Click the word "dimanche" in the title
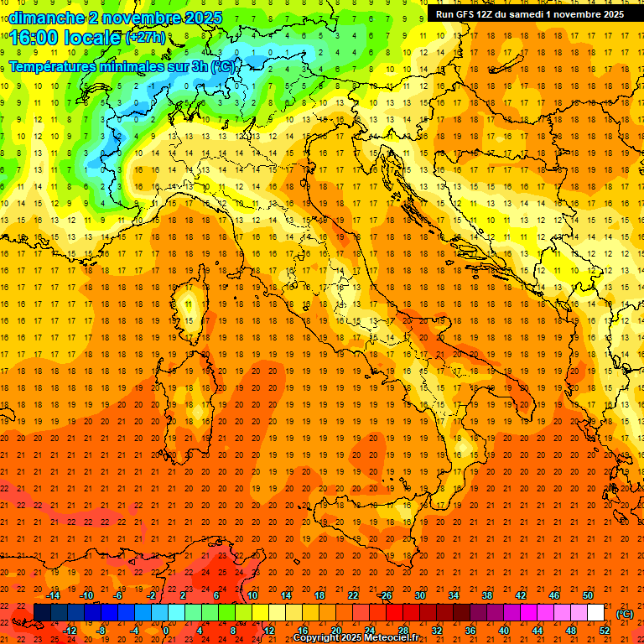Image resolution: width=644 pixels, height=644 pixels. tap(43, 17)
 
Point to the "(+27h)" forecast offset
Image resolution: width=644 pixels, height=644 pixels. tap(145, 37)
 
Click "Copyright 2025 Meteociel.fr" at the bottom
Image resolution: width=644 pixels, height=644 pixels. tap(356, 638)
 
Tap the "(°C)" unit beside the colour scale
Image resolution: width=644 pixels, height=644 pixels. tap(625, 613)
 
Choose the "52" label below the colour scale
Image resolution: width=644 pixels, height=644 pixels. tap(604, 630)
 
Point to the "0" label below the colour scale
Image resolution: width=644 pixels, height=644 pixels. tap(166, 630)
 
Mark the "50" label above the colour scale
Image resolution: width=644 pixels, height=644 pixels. tap(587, 595)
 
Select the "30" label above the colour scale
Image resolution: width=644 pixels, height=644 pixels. tap(419, 595)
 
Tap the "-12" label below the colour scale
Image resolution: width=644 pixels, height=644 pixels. tap(70, 630)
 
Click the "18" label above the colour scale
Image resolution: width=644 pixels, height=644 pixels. tap(319, 595)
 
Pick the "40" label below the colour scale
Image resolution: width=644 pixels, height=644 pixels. tap(503, 630)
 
